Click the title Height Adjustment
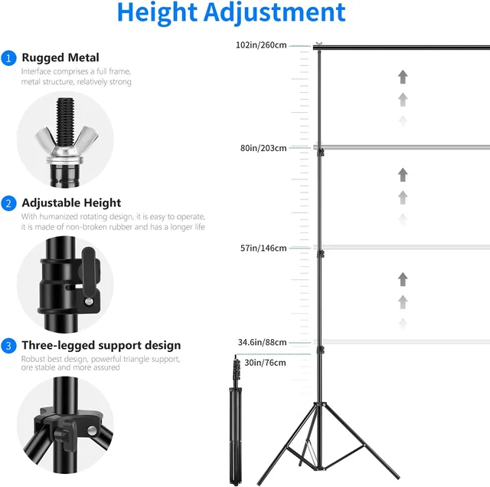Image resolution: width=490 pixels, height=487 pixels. [x=231, y=12]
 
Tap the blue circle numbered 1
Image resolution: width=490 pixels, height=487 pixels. [x=8, y=58]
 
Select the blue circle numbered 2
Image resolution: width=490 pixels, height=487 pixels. [x=8, y=203]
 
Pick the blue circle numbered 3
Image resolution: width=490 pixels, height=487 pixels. [x=8, y=346]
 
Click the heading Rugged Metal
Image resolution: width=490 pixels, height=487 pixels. [x=60, y=58]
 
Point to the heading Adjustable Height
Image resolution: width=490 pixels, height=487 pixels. [x=71, y=202]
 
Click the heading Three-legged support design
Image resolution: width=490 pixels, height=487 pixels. [x=101, y=345]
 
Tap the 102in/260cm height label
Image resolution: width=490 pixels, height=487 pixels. [x=261, y=45]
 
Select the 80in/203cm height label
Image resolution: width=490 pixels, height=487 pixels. [x=263, y=148]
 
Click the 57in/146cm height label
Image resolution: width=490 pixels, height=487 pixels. [x=263, y=248]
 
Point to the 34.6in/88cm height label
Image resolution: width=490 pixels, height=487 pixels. [x=262, y=342]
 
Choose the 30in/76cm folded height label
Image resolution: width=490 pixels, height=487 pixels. [x=265, y=363]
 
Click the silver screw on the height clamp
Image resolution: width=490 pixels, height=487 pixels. [x=89, y=301]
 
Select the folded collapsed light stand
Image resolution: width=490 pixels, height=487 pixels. [x=236, y=420]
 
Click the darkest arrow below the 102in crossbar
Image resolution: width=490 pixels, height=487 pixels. [x=403, y=77]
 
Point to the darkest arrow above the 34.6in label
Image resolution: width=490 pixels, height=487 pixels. [x=403, y=279]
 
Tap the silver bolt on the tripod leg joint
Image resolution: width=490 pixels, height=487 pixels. [x=92, y=430]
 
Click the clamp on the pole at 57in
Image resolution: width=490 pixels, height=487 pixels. [x=320, y=254]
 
